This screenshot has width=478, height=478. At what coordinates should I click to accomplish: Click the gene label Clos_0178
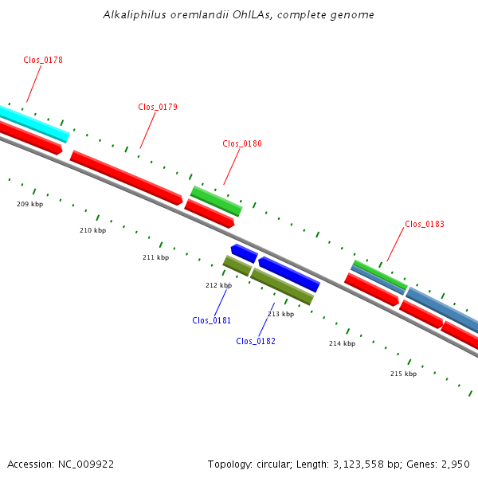pos(43,60)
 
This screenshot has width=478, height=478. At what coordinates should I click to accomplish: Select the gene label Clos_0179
pos(158,107)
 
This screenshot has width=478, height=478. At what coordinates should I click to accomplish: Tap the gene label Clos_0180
pos(242,143)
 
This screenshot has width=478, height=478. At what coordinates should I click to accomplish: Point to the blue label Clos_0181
pos(211,320)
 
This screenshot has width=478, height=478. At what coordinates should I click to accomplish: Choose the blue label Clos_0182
pos(256,341)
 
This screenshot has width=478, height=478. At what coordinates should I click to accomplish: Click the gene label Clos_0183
pos(425,224)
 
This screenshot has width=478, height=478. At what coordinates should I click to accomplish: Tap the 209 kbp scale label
pos(29,204)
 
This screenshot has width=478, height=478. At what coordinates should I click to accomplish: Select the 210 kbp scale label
pos(92,230)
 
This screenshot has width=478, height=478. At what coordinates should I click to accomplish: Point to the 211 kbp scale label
pos(155,257)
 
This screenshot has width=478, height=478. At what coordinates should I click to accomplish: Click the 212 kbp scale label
pos(218,285)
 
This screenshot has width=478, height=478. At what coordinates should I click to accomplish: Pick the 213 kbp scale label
pos(280,314)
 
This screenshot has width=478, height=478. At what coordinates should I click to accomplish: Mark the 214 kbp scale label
pos(342,343)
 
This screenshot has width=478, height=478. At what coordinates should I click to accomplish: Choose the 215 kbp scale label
pos(403,374)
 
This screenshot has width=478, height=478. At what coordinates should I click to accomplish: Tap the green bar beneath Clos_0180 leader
pos(216,201)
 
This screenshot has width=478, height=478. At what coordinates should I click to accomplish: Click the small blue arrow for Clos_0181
pos(244,253)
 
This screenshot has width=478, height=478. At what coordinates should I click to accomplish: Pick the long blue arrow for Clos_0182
pos(289,274)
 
